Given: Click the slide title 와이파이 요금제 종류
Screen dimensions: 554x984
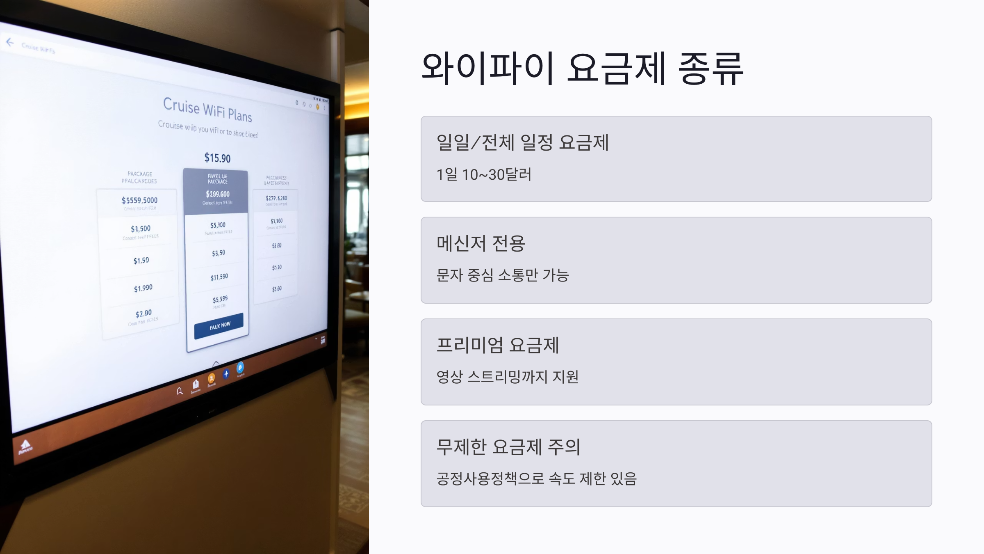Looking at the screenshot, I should [582, 68].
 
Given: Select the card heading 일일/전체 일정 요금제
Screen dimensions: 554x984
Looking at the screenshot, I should [522, 143].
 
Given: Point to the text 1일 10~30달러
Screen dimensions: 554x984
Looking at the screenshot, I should [484, 175].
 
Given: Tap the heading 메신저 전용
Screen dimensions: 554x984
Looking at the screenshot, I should [481, 244].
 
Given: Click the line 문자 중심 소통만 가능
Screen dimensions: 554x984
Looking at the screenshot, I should [502, 275].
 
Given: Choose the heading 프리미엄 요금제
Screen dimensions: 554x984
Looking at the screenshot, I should [498, 345].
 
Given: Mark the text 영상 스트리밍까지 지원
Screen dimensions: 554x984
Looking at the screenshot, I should [507, 377].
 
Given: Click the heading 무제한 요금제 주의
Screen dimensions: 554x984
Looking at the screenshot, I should [508, 447].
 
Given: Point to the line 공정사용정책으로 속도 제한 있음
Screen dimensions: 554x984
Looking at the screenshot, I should [536, 478].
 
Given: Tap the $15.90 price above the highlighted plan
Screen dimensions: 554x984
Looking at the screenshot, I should [217, 158].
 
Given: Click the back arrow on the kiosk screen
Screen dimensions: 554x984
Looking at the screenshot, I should [10, 42].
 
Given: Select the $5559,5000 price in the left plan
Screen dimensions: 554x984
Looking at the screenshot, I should [139, 200].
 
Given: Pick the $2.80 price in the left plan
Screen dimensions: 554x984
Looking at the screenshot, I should [143, 314].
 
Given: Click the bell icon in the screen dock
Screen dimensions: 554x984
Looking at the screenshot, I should [180, 391].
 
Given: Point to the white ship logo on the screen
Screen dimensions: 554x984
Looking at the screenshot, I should [25, 445].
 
